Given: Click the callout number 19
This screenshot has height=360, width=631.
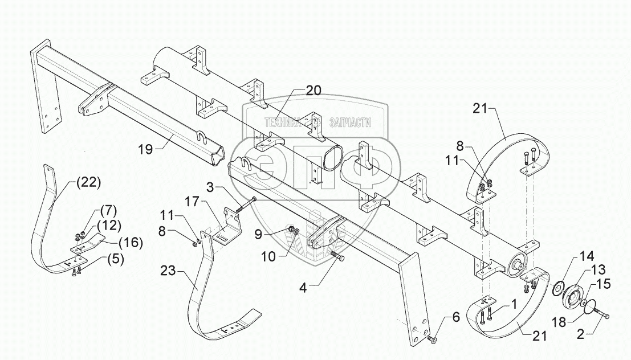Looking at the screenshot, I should [x=145, y=149].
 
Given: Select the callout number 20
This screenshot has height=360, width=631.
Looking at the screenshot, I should [x=313, y=89].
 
